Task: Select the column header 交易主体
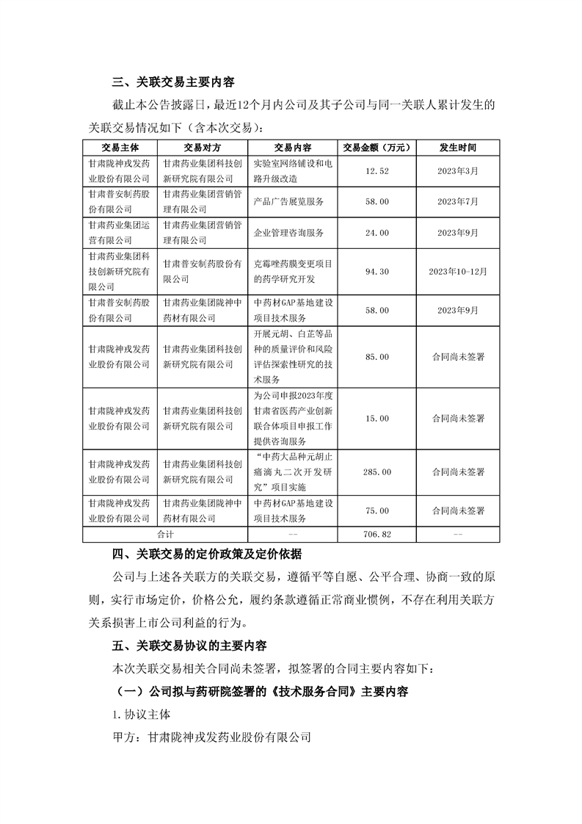point(119,147)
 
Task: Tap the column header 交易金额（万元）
point(376,147)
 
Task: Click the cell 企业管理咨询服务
point(288,232)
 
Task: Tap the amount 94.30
point(376,271)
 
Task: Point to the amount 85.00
point(376,356)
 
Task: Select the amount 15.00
point(376,418)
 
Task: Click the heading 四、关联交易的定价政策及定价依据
point(206,553)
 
